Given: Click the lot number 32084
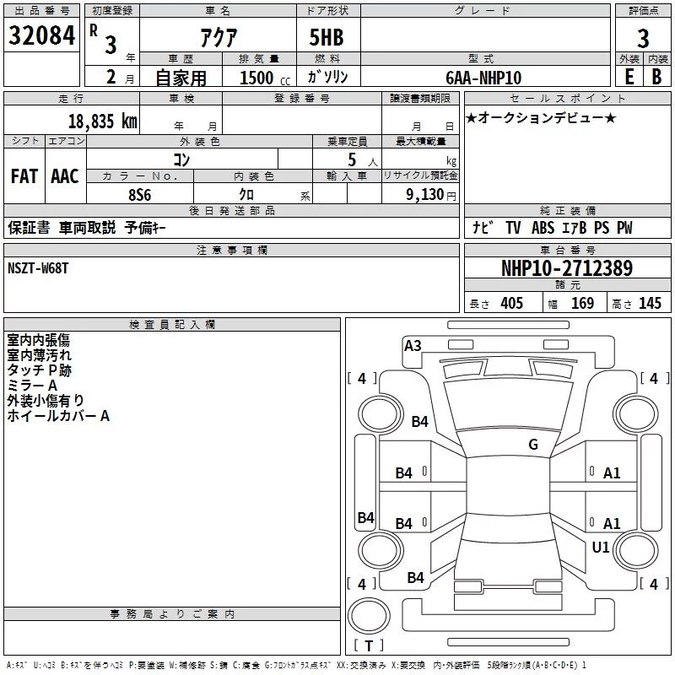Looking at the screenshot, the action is pos(41,35).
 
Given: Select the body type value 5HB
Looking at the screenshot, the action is pos(327,37).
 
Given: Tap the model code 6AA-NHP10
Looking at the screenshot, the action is pos(483,78).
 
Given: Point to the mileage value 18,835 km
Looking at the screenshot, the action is pos(103,121).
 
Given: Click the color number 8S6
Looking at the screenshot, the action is pos(140,195).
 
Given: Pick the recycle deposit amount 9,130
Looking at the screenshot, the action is pos(425,195).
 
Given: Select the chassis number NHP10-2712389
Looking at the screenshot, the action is pos(567,268).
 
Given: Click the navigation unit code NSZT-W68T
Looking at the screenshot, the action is pos(38,268).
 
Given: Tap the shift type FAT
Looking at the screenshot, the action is pos(24,176).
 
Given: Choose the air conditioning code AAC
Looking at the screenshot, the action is pos(65,176).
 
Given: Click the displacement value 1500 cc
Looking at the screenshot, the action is pos(265,78).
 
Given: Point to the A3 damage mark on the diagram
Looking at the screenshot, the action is pos(413,346).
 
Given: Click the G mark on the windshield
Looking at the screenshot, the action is pos(533,444).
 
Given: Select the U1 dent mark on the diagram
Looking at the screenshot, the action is pos(601,547).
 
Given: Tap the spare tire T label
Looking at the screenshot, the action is pos(369,645).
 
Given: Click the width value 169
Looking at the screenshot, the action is pos(582,303).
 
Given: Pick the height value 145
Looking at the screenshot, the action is pos(650,303).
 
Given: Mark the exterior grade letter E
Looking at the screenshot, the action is pos(629,77).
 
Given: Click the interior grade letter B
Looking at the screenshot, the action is pos(656,77).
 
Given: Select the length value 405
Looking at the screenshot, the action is pos(512,303).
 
